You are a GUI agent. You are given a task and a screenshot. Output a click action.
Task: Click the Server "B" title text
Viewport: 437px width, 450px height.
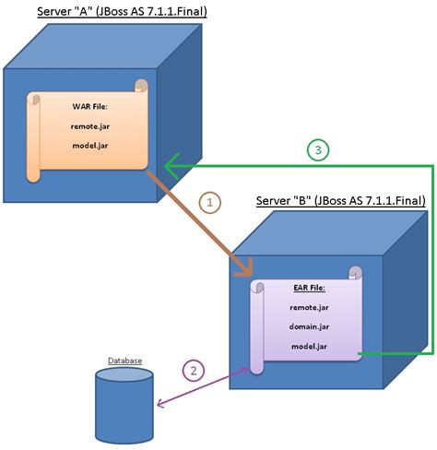[339, 201]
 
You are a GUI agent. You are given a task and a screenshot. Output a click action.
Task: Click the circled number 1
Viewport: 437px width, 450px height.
[209, 200]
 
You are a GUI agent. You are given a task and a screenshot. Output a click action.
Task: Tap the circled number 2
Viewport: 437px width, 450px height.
[192, 371]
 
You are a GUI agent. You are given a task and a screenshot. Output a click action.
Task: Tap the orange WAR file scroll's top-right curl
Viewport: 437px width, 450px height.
[141, 86]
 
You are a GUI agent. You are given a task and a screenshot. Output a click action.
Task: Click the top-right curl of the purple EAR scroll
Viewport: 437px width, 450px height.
[355, 272]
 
